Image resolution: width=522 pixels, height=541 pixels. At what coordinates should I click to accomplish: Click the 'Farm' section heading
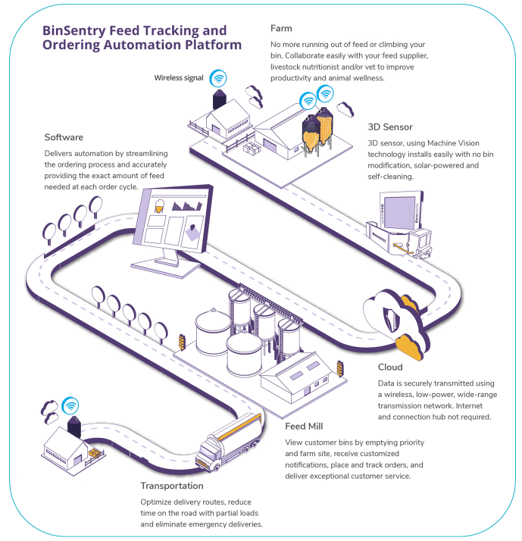click(281, 29)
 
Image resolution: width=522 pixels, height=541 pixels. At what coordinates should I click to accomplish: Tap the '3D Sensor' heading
click(391, 127)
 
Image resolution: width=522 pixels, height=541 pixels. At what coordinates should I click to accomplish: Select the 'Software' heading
click(64, 137)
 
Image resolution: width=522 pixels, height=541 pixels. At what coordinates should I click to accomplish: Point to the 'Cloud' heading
click(392, 367)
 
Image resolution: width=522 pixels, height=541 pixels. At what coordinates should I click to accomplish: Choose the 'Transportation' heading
click(172, 486)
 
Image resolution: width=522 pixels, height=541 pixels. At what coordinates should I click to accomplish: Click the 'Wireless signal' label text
click(179, 77)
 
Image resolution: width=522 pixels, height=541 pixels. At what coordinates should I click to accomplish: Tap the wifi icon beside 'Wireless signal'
click(218, 77)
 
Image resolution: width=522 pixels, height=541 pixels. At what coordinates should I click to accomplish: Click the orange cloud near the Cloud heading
click(410, 345)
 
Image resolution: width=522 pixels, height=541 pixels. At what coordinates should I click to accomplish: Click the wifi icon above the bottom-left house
click(70, 404)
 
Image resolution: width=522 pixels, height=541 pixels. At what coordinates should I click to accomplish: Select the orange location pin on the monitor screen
click(194, 229)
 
